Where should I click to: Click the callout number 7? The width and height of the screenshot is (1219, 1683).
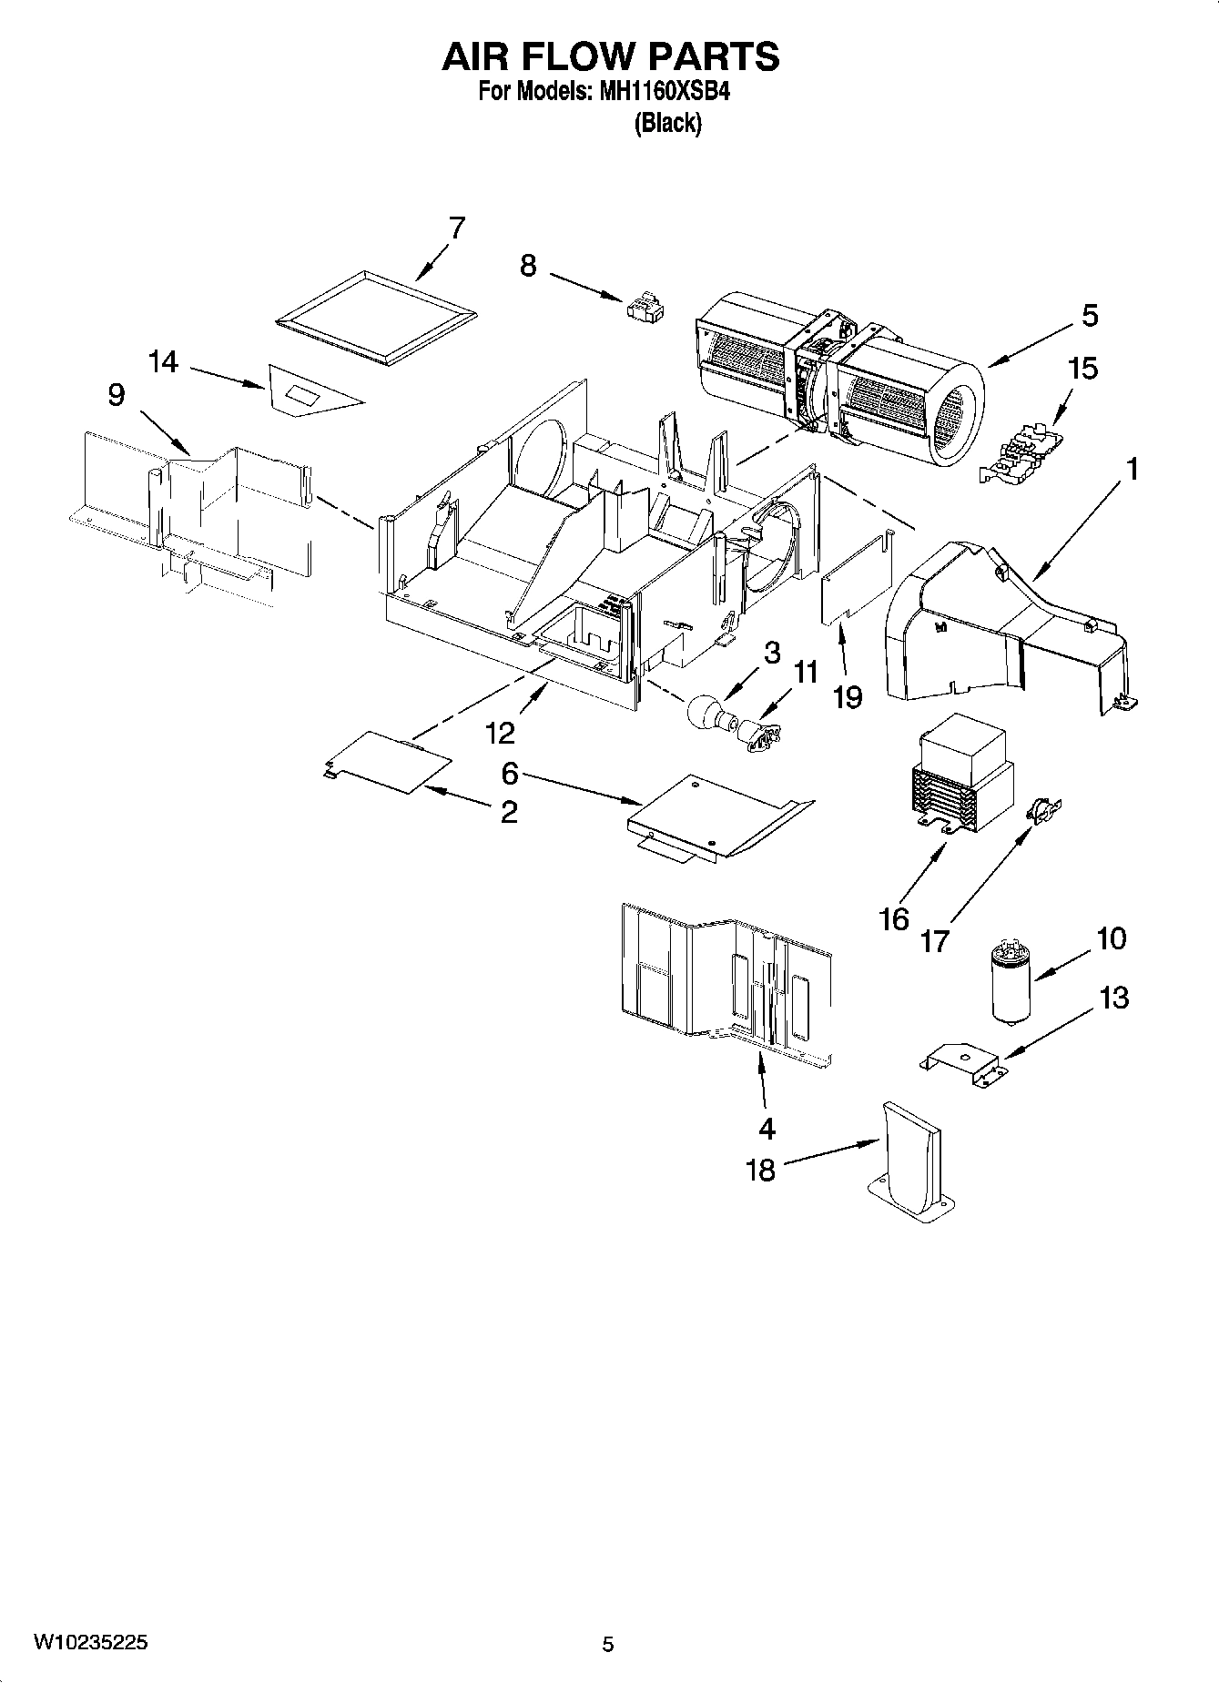456,228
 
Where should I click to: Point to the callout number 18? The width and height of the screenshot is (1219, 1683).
760,1170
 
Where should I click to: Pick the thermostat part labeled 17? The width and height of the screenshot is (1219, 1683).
1043,809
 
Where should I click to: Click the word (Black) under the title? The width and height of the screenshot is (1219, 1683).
668,123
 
